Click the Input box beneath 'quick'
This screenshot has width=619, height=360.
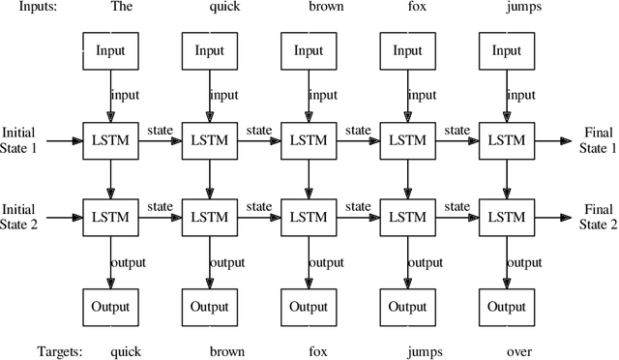pos(210,50)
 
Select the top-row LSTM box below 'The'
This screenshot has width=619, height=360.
pos(111,140)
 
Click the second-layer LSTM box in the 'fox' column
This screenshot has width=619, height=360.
pos(406,216)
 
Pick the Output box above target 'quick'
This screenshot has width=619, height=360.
pos(111,307)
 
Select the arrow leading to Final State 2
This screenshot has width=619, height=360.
pos(551,216)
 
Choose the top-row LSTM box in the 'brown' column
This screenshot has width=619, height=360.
pos(308,140)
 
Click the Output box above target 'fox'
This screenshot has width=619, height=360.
pos(308,307)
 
